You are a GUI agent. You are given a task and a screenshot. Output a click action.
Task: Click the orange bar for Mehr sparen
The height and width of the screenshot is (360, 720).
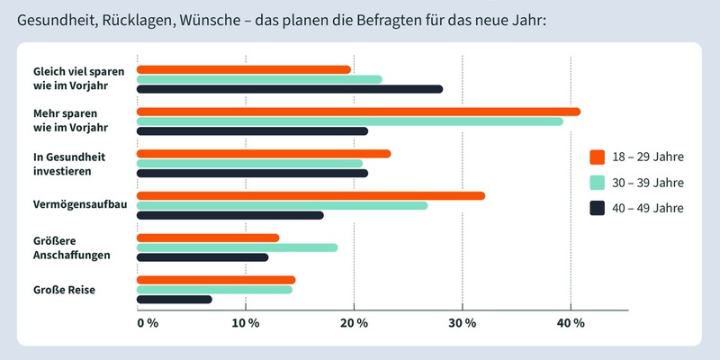[x=358, y=112]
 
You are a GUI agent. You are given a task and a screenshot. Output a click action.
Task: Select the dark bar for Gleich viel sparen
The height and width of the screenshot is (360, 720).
[x=290, y=89]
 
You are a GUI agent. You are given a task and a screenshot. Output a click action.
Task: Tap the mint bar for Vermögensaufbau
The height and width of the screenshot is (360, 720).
[x=282, y=205]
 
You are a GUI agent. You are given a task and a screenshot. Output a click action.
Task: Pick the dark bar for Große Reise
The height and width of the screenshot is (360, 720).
[x=175, y=299]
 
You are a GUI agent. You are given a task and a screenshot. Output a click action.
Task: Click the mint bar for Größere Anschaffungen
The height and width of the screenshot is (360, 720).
[x=237, y=247]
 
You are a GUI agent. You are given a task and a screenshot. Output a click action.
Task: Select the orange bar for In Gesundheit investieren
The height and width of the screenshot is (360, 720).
[x=264, y=153]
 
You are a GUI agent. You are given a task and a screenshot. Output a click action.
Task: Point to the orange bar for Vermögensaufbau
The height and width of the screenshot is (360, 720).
[x=310, y=195]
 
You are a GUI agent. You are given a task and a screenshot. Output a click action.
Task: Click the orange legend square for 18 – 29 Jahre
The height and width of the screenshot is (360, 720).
[x=597, y=157]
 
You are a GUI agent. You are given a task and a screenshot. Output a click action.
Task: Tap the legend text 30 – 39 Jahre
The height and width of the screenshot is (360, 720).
[x=647, y=183]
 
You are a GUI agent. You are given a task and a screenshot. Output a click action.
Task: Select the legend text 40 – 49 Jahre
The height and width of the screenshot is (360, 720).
[x=647, y=208]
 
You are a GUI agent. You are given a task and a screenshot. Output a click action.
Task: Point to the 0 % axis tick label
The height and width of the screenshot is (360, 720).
[x=148, y=323]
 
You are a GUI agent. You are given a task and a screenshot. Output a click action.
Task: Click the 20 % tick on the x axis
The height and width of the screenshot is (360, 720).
[x=355, y=323]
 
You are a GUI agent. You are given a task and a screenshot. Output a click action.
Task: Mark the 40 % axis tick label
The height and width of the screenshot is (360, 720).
[x=571, y=323]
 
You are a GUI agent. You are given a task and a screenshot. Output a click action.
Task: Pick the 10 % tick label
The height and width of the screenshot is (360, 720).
[x=246, y=323]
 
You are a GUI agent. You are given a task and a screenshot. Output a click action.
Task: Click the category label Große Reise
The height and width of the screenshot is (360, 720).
[x=64, y=290]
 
